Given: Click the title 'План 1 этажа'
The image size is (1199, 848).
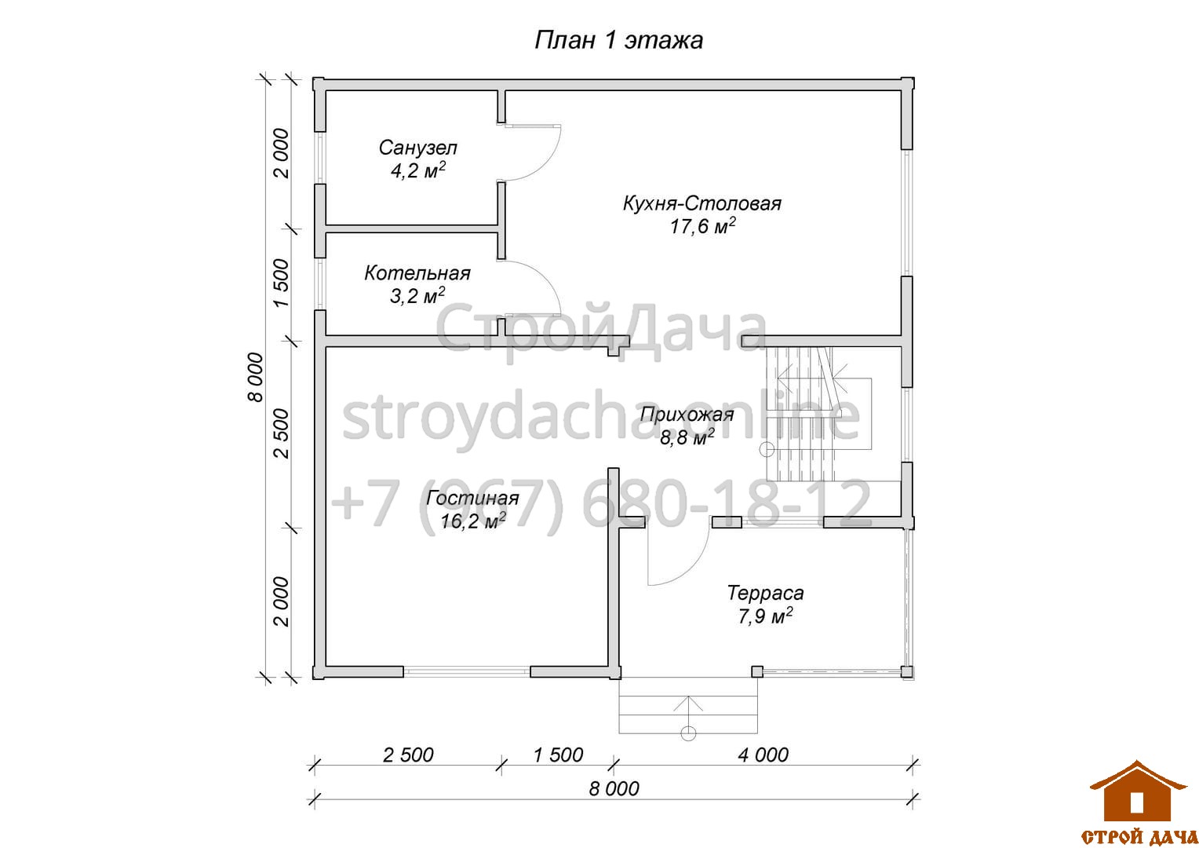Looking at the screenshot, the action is [x=618, y=40].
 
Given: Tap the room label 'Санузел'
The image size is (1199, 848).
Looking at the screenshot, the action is [x=418, y=148].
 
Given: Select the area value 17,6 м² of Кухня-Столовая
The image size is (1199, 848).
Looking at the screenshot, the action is [x=702, y=226].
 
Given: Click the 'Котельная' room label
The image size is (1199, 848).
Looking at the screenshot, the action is [x=417, y=273].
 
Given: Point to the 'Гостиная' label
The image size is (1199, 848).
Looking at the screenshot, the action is [x=472, y=498].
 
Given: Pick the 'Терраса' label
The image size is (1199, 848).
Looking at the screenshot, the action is [x=765, y=593].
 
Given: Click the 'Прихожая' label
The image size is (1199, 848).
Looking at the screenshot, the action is [x=687, y=415].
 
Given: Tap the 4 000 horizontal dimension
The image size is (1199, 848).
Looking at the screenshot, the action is [x=763, y=755].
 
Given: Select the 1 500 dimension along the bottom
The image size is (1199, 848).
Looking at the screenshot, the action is [x=558, y=755].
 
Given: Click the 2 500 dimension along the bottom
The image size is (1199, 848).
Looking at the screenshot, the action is [x=408, y=755].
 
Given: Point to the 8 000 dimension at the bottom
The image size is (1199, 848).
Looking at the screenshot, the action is [x=614, y=788].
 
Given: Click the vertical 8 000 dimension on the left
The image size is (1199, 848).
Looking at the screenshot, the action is [x=255, y=377].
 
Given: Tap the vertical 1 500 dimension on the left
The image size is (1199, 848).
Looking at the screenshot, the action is [x=280, y=283].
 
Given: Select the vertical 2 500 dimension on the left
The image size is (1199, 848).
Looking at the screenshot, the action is [x=280, y=433].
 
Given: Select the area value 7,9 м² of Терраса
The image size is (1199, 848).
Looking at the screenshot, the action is [x=765, y=616].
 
